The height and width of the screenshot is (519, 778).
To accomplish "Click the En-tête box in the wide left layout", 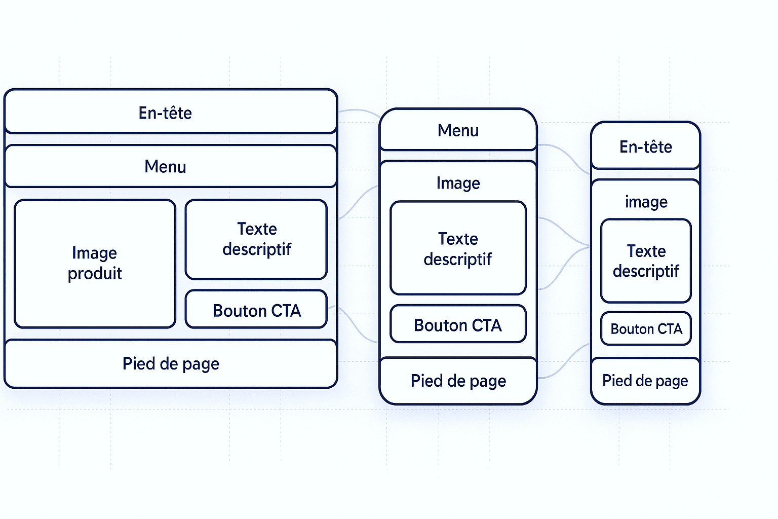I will pos(170,112).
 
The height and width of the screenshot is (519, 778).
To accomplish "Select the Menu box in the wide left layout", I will pos(170,166).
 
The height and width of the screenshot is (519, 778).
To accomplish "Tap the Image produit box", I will pos(95,264).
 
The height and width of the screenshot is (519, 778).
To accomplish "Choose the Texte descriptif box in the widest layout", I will pos(256,239).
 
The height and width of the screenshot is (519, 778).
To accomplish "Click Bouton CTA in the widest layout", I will pos(256,310).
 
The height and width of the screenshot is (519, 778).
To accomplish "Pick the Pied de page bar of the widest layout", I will pos(170,364).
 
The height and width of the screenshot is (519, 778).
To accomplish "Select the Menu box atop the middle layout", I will pos(458,130).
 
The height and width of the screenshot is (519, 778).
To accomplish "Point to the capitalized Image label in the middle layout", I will pos(458,183).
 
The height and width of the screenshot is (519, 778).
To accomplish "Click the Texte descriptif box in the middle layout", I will pos(458,248).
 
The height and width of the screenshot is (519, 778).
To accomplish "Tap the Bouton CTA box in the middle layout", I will pos(458,324).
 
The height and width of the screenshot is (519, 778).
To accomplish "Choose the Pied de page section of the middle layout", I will pos(458,381).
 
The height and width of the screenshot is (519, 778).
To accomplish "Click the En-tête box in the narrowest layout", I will pos(645,146).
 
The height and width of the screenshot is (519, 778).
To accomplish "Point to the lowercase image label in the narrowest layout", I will pos(646,202).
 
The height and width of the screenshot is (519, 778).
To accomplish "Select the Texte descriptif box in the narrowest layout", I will pos(646,261).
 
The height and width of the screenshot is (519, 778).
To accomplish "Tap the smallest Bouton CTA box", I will pos(646,329).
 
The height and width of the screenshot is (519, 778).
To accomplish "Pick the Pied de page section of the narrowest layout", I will pos(645,381).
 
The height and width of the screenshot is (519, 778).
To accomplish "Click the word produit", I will pos(95,274).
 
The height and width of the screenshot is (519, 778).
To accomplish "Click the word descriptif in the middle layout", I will pos(458,259).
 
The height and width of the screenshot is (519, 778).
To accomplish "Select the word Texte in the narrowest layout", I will pos(646,251).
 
